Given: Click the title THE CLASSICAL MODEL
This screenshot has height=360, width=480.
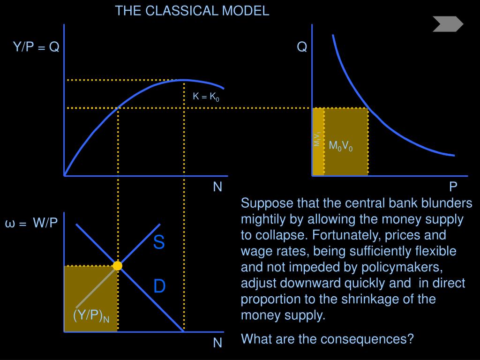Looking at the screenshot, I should coord(192,11).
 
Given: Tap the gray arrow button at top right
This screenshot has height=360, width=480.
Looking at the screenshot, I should coord(448,24).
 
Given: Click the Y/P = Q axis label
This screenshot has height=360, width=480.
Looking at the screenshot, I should coord(36,47).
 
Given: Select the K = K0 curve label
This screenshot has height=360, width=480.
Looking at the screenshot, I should coord(206,97).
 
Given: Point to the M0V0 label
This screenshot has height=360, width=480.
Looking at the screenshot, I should coord(340,146).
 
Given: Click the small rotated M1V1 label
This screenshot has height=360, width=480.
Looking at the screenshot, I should coord(317,139).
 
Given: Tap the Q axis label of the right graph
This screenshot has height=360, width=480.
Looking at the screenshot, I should coord(302,47).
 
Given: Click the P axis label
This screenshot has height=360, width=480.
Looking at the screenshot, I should coord(453,187).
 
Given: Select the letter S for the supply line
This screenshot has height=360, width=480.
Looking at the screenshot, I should coord(159,243).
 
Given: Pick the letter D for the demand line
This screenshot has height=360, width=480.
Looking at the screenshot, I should coord(159,286).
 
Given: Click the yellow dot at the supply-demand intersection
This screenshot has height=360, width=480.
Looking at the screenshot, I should coord(117,266).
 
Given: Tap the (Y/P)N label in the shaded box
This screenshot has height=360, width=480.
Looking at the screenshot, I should coord(91,316).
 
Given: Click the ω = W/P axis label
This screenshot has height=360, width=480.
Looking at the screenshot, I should coord(31,223).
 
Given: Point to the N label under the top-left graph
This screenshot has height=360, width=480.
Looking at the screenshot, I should coord(217,187).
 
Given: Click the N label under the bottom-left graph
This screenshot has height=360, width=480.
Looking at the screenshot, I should coord(217,343).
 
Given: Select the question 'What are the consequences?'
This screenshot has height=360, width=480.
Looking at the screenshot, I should coord(327,338).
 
